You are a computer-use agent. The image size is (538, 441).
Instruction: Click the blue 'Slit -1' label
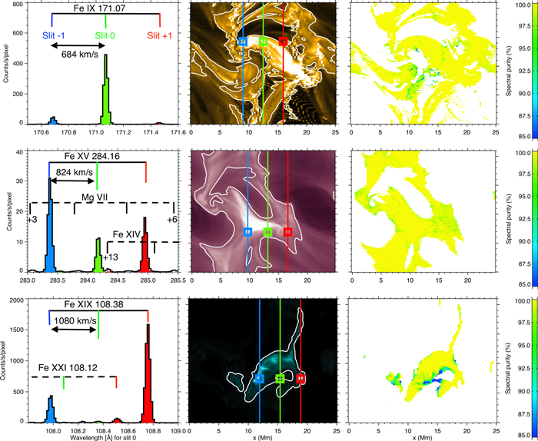tap(51, 36)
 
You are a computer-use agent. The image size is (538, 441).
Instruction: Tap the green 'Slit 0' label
tap(106, 36)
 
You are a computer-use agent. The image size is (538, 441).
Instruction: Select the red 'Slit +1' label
tap(160, 36)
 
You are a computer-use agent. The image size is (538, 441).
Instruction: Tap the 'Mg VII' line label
tap(95, 197)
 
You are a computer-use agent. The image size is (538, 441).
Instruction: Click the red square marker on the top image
tap(284, 41)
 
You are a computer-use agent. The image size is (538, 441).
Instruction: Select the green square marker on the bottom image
tap(280, 379)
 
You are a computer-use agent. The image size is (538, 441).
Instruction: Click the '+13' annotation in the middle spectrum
tap(110, 257)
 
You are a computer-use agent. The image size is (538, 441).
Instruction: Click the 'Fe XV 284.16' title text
tap(96, 154)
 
